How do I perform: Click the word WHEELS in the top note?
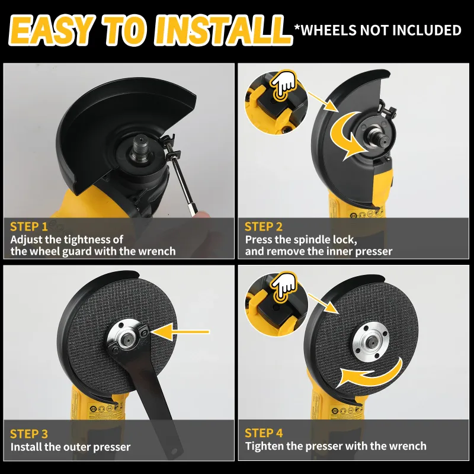point(329,30)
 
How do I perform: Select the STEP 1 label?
point(28,226)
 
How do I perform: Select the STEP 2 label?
point(263,226)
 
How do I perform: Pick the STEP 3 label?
point(29,434)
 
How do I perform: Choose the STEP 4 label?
point(264,433)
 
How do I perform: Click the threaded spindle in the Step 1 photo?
point(141,146)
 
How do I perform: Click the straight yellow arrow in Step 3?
point(180,332)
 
